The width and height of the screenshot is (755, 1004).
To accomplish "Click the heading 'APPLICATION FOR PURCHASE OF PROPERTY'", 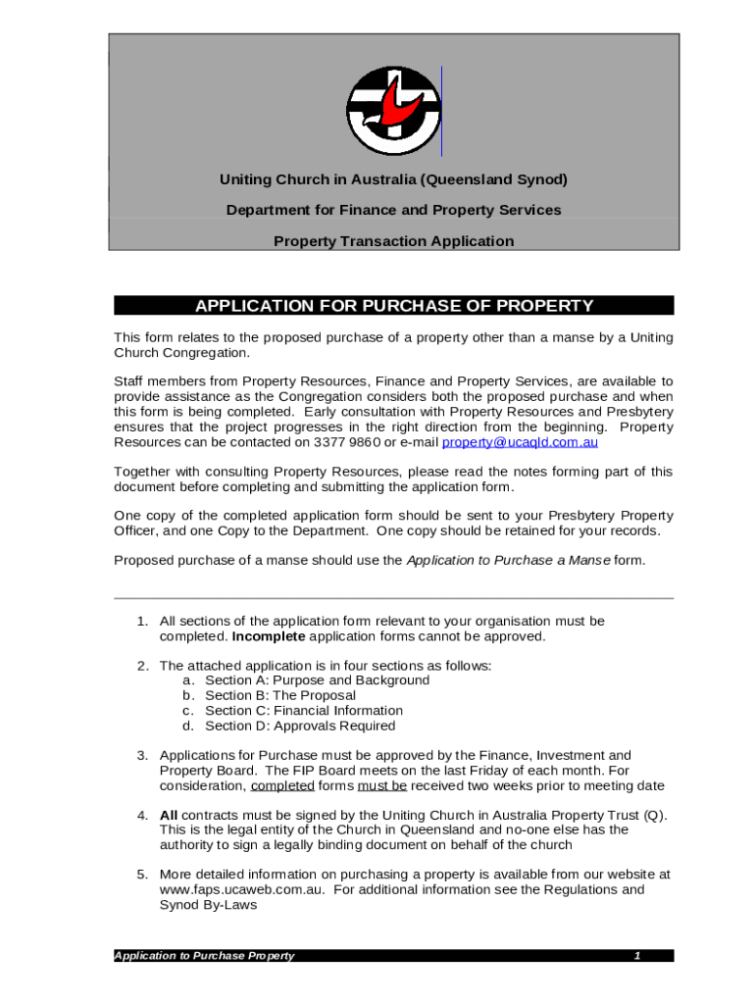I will (394, 306).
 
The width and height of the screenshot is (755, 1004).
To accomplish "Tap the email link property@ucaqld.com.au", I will (520, 442).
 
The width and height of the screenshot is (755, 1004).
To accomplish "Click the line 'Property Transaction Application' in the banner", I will (393, 241).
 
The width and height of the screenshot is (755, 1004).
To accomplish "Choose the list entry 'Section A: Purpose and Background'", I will (317, 680).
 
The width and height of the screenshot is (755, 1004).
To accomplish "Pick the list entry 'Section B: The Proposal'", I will (280, 695).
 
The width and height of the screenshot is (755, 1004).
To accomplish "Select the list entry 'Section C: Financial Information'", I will (304, 711).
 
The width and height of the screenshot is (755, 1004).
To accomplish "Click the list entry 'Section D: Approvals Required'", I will (300, 727).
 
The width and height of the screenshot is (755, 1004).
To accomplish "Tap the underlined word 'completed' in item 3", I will (282, 786).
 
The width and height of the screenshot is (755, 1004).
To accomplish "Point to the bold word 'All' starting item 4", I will (169, 815).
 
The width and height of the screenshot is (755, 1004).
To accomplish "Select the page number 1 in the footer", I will (636, 956).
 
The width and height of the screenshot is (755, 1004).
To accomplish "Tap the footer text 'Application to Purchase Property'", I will (204, 956).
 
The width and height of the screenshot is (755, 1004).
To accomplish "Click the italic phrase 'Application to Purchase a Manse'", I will (508, 561).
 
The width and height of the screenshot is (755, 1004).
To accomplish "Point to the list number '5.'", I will (142, 875).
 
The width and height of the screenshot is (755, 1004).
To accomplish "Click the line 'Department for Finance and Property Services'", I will (393, 210).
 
